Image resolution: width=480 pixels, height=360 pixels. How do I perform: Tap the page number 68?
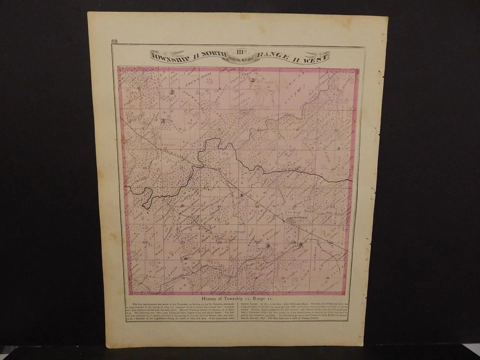point(114,41)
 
